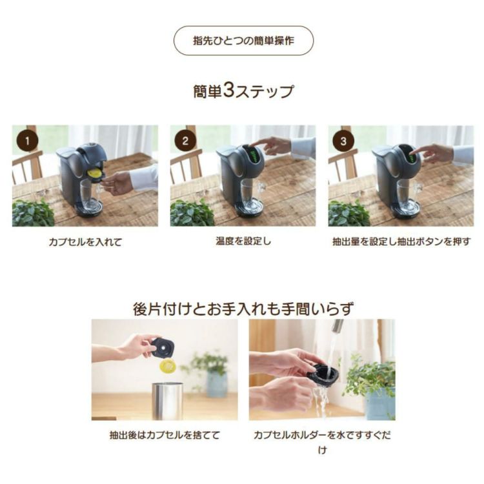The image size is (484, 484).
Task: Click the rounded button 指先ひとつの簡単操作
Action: pyautogui.click(x=243, y=41)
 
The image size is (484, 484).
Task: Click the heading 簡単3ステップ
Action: pyautogui.click(x=243, y=90)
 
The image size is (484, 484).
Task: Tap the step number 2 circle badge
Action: pyautogui.click(x=185, y=139)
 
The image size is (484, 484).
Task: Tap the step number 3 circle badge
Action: pyautogui.click(x=343, y=139)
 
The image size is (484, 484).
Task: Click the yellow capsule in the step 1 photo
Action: pyautogui.click(x=94, y=172)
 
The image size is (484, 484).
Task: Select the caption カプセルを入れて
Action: pyautogui.click(x=85, y=242)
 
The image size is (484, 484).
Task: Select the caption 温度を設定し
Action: pyautogui.click(x=243, y=241)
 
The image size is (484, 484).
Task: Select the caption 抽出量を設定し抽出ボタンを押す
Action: pyautogui.click(x=401, y=242)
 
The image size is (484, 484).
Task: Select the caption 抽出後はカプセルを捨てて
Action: pyautogui.click(x=165, y=436)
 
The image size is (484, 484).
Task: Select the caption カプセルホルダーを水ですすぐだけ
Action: pyautogui.click(x=322, y=436)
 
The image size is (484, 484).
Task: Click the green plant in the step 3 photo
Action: pyautogui.click(x=348, y=214)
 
